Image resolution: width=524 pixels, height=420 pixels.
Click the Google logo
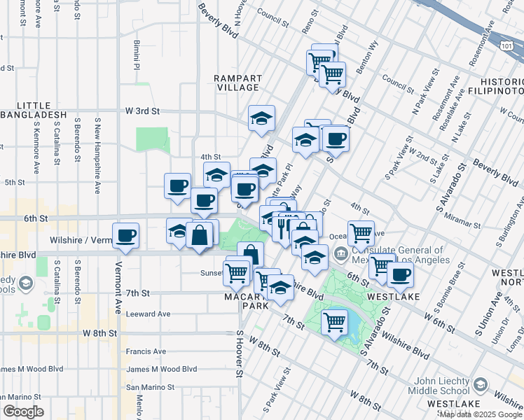click(23, 412)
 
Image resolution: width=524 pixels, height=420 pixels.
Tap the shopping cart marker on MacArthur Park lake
click(335, 322)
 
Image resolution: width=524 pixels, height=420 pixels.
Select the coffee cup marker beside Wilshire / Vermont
click(126, 235)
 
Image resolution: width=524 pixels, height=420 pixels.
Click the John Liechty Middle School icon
click(481, 384)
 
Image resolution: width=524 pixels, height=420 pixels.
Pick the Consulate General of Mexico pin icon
click(340, 253)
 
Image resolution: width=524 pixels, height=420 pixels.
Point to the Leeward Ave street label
click(149, 314)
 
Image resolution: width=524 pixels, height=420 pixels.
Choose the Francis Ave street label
click(146, 351)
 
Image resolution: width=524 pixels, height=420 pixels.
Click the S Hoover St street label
click(239, 355)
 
